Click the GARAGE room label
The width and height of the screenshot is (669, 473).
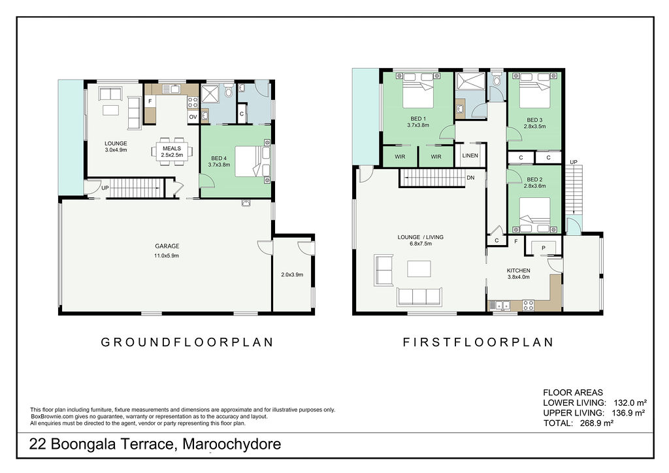[167, 246]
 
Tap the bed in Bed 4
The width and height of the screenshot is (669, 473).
[248, 161]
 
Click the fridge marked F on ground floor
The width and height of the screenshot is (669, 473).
[150, 102]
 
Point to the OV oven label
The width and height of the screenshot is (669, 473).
[193, 117]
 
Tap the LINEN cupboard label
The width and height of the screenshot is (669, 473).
[470, 155]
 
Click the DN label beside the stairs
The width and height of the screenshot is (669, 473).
[470, 178]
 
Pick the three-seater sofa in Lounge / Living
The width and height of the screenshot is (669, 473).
[419, 297]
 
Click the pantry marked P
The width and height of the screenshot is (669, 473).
[543, 248]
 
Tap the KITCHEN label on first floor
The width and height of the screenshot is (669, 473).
[519, 270]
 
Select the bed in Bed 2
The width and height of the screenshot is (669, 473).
[534, 214]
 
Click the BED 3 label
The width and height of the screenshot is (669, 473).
[534, 120]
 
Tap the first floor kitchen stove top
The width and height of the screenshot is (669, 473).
[528, 304]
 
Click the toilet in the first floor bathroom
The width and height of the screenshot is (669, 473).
[497, 81]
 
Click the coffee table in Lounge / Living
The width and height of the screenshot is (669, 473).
[418, 269]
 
